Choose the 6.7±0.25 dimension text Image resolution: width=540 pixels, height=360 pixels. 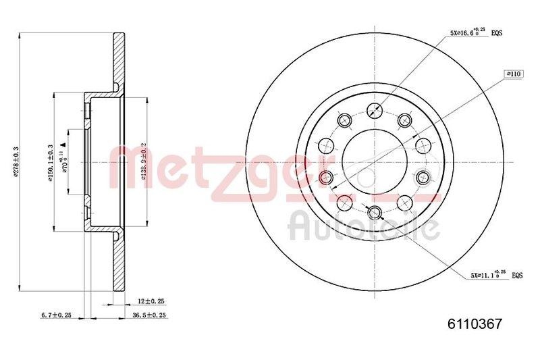[56, 315]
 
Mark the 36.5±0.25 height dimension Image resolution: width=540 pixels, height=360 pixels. [148, 315]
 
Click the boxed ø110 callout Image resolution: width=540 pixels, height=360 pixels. [514, 74]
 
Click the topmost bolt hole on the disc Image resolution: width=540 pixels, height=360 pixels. [374, 111]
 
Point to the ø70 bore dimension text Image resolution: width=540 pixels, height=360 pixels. [65, 162]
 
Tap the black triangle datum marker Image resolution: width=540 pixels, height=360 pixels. [62, 145]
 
